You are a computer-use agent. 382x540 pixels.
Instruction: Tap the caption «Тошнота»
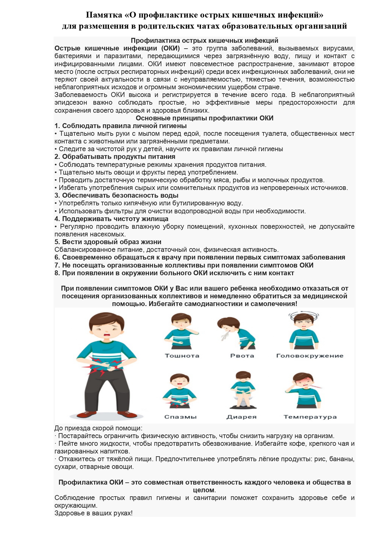coord(182,356)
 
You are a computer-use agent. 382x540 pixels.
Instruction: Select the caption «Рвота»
coord(242,356)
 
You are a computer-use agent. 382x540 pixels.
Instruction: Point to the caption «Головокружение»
coord(310,356)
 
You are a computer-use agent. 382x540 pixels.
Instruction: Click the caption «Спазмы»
coord(180,417)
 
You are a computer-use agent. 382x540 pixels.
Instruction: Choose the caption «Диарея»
coord(241,417)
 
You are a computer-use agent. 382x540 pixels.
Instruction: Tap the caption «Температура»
coord(310,417)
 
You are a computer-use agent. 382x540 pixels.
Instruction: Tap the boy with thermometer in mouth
coord(304,389)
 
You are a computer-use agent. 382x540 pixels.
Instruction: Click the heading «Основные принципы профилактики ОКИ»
coord(204,118)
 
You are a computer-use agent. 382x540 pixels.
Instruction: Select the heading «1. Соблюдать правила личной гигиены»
coord(121,126)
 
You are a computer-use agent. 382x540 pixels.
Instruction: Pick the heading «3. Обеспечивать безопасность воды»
coord(116,195)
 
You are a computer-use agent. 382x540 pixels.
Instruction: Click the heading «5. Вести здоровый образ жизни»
coord(108,242)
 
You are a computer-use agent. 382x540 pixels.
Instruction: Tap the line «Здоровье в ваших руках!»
coord(94,513)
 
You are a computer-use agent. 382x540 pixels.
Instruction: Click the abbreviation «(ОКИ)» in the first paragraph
coord(170,48)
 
